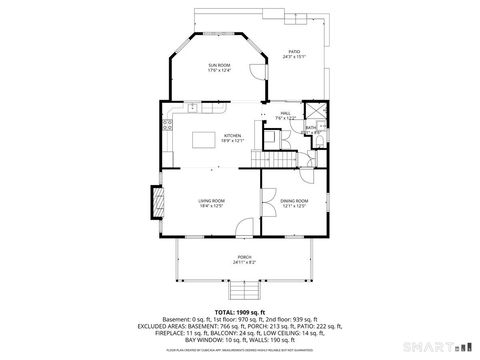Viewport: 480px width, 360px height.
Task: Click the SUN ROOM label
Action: (x=219, y=64)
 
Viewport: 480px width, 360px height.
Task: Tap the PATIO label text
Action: (x=294, y=51)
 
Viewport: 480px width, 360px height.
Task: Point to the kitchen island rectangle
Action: (x=207, y=137)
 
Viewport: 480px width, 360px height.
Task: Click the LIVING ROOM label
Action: (x=211, y=200)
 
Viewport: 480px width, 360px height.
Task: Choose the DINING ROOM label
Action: (x=294, y=200)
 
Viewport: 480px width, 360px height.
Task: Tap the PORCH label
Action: (x=245, y=257)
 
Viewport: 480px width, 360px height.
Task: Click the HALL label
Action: (x=285, y=114)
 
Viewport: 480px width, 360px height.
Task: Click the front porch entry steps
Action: (x=245, y=291)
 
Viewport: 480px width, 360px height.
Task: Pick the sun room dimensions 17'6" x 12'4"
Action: (x=219, y=71)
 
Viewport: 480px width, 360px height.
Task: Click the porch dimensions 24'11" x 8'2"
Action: (x=245, y=263)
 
